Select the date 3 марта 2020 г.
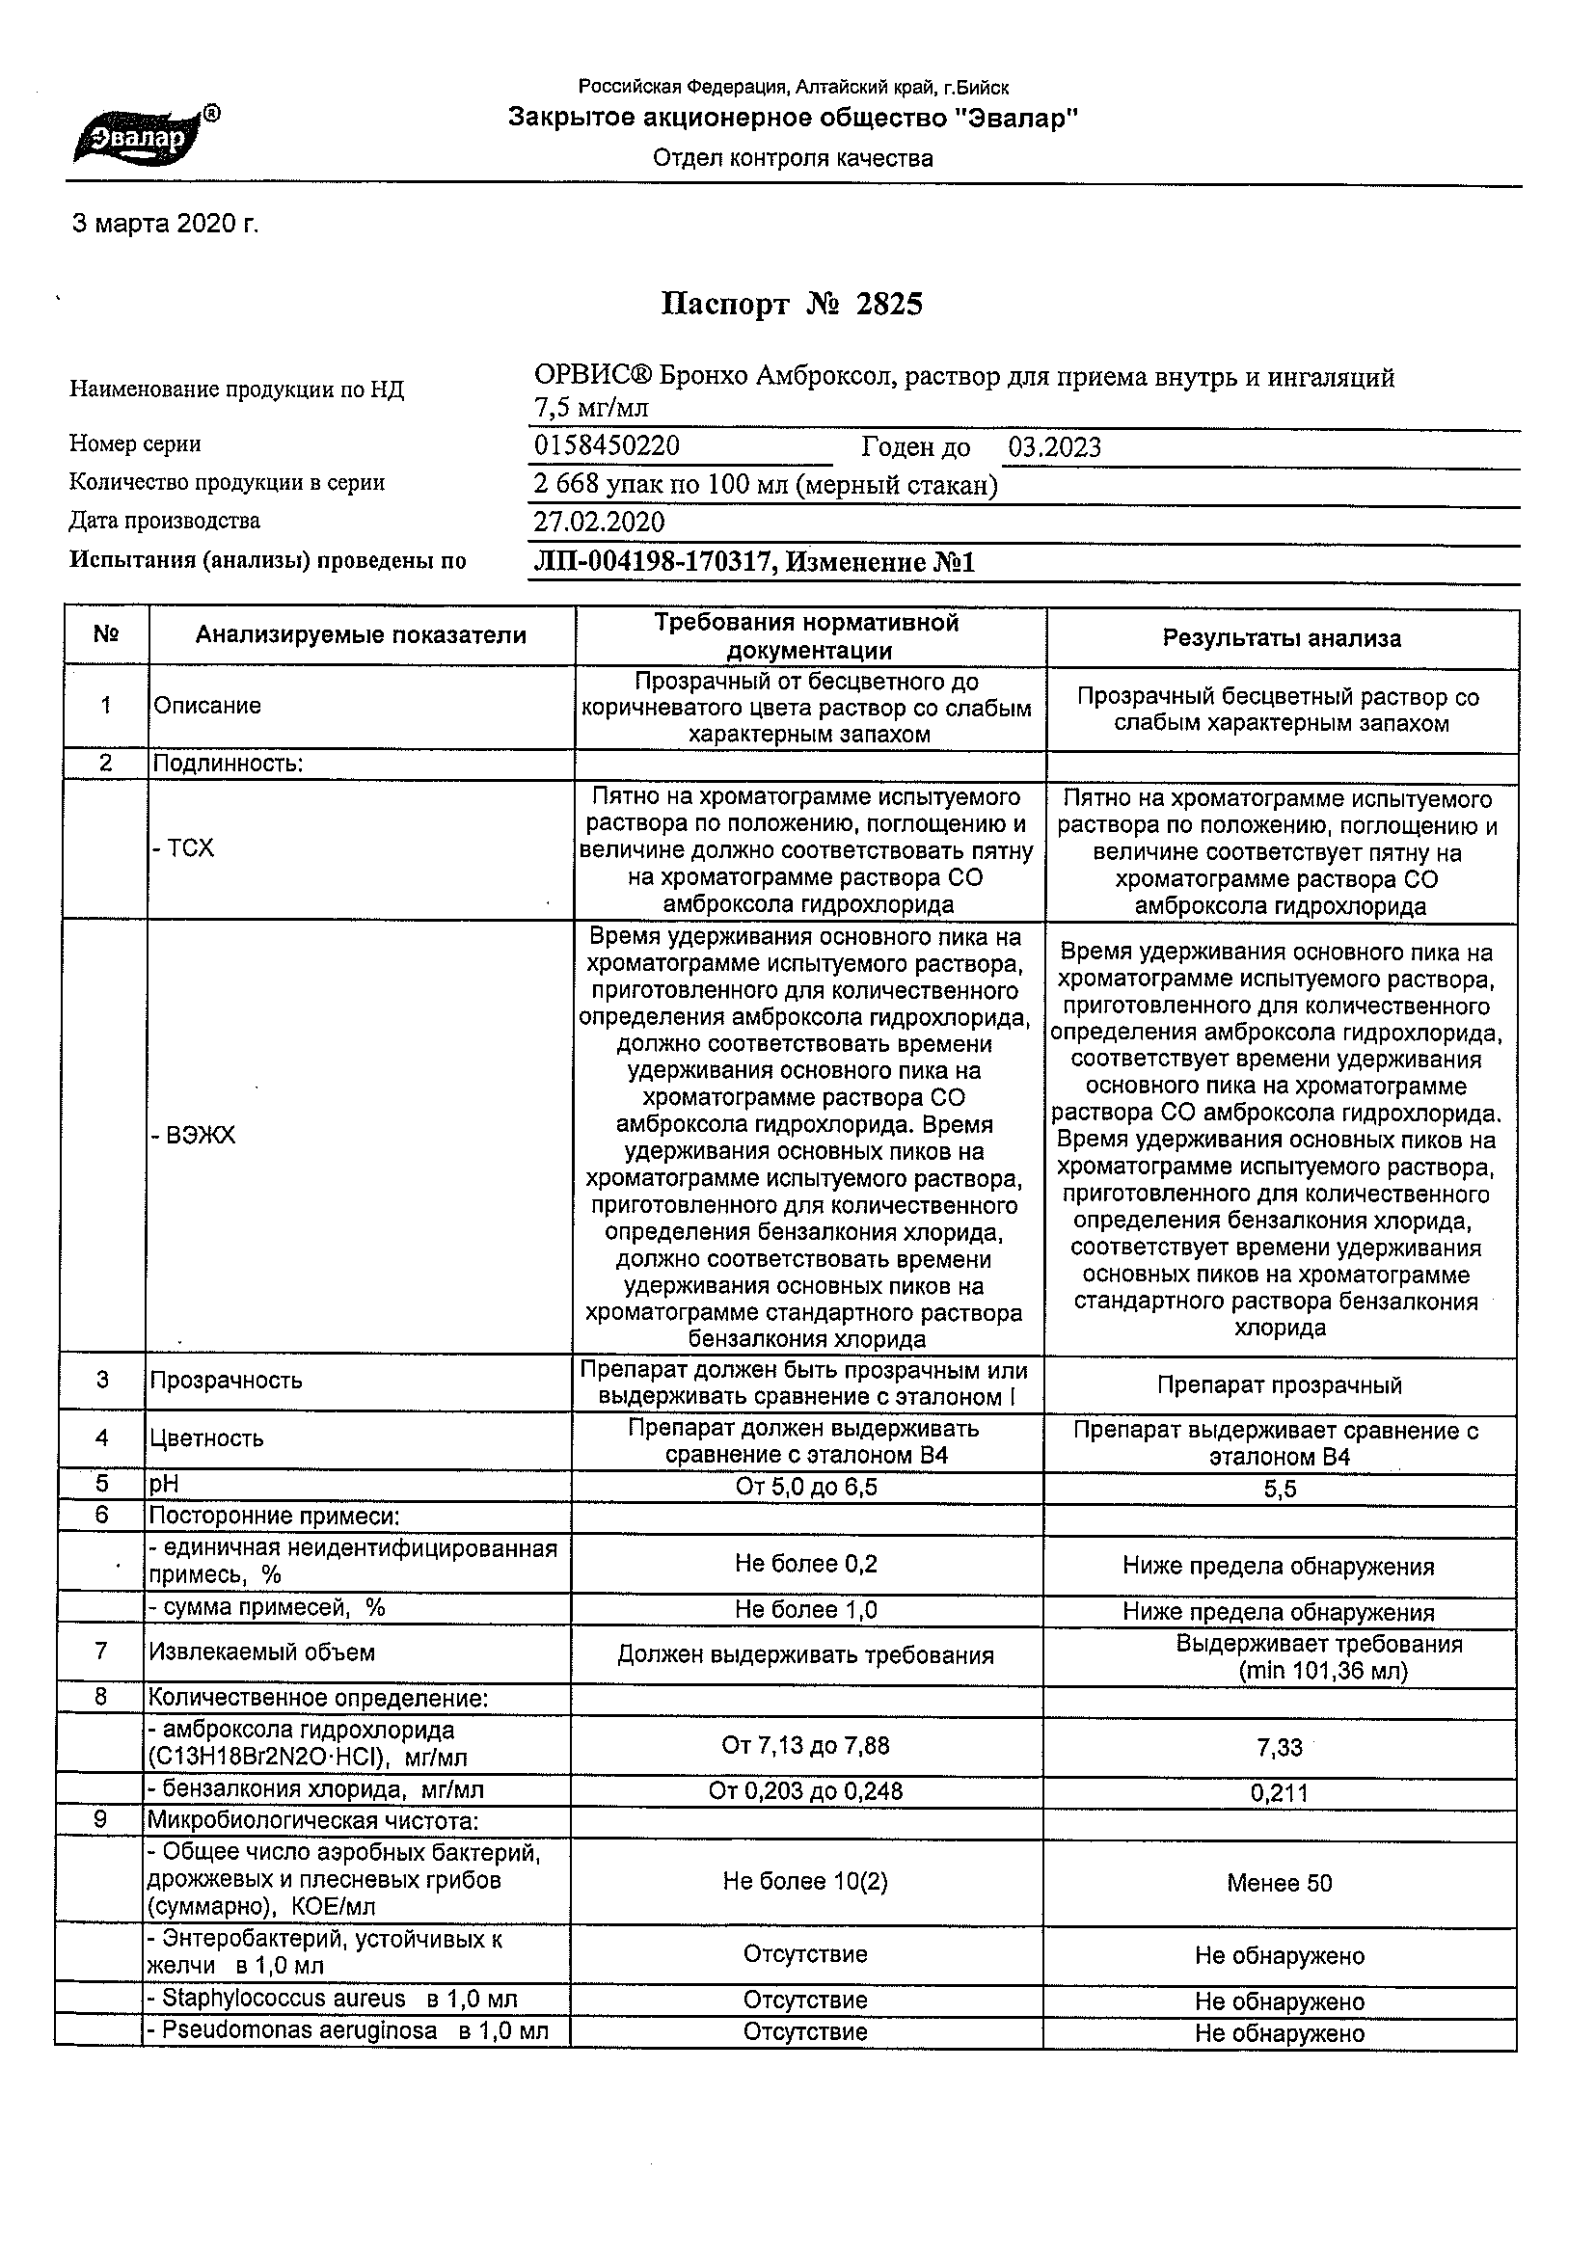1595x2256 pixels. (165, 224)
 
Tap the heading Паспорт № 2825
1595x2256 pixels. (791, 305)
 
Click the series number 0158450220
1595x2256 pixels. (607, 446)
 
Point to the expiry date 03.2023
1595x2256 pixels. (1053, 448)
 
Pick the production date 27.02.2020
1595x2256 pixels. (599, 523)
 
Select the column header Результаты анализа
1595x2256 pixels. (1282, 638)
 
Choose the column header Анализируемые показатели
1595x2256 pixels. (361, 635)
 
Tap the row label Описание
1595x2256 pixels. (207, 706)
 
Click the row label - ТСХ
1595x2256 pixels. (183, 849)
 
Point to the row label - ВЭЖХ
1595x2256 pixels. (193, 1136)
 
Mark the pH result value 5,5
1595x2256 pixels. (1280, 1490)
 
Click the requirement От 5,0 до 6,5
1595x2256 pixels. (806, 1487)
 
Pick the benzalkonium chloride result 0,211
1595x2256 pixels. (1279, 1793)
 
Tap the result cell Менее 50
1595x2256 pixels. (1279, 1883)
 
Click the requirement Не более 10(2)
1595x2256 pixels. (805, 1881)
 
